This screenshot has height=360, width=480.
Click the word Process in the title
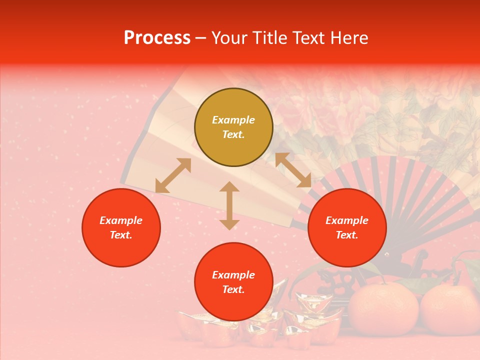pyautogui.click(x=157, y=38)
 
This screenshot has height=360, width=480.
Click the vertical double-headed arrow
pyautogui.click(x=229, y=205)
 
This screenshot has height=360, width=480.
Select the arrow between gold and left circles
pyautogui.click(x=173, y=175)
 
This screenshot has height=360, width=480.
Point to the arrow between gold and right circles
pyautogui.click(x=293, y=170)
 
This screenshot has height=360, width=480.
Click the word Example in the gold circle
pyautogui.click(x=233, y=120)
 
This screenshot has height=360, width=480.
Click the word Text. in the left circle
pyautogui.click(x=121, y=235)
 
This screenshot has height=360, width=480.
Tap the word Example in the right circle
pyautogui.click(x=347, y=220)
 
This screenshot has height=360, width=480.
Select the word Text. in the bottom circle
pyautogui.click(x=233, y=289)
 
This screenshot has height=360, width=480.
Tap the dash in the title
pyautogui.click(x=200, y=38)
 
